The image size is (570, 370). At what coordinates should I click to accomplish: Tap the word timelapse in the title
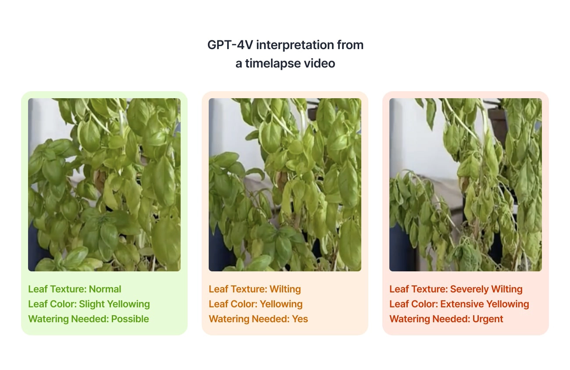pyautogui.click(x=278, y=64)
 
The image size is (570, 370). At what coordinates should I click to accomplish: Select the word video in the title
pyautogui.click(x=320, y=64)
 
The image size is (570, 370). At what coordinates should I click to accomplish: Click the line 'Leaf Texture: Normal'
pyautogui.click(x=75, y=289)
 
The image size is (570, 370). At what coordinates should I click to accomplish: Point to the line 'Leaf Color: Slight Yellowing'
pyautogui.click(x=89, y=304)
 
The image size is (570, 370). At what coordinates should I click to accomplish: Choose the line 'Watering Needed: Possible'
pyautogui.click(x=89, y=319)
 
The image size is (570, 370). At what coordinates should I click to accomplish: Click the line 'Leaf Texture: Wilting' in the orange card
pyautogui.click(x=255, y=289)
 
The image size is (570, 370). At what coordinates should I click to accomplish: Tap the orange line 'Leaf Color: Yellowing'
pyautogui.click(x=256, y=304)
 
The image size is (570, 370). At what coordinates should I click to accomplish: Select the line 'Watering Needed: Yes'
pyautogui.click(x=258, y=319)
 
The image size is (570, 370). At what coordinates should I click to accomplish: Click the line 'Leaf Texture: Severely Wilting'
pyautogui.click(x=456, y=289)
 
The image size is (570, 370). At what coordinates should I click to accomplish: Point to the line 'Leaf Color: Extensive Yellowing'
pyautogui.click(x=459, y=304)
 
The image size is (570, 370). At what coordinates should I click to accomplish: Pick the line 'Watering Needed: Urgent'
pyautogui.click(x=446, y=319)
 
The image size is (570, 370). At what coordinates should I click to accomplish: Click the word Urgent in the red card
pyautogui.click(x=488, y=319)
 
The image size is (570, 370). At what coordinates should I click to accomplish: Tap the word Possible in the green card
pyautogui.click(x=130, y=319)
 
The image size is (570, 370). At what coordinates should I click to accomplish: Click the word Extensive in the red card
pyautogui.click(x=460, y=304)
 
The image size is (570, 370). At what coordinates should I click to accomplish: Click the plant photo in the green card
pyautogui.click(x=104, y=185)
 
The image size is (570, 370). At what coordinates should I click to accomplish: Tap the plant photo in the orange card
pyautogui.click(x=285, y=185)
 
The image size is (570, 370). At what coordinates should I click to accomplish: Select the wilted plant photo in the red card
pyautogui.click(x=466, y=185)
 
